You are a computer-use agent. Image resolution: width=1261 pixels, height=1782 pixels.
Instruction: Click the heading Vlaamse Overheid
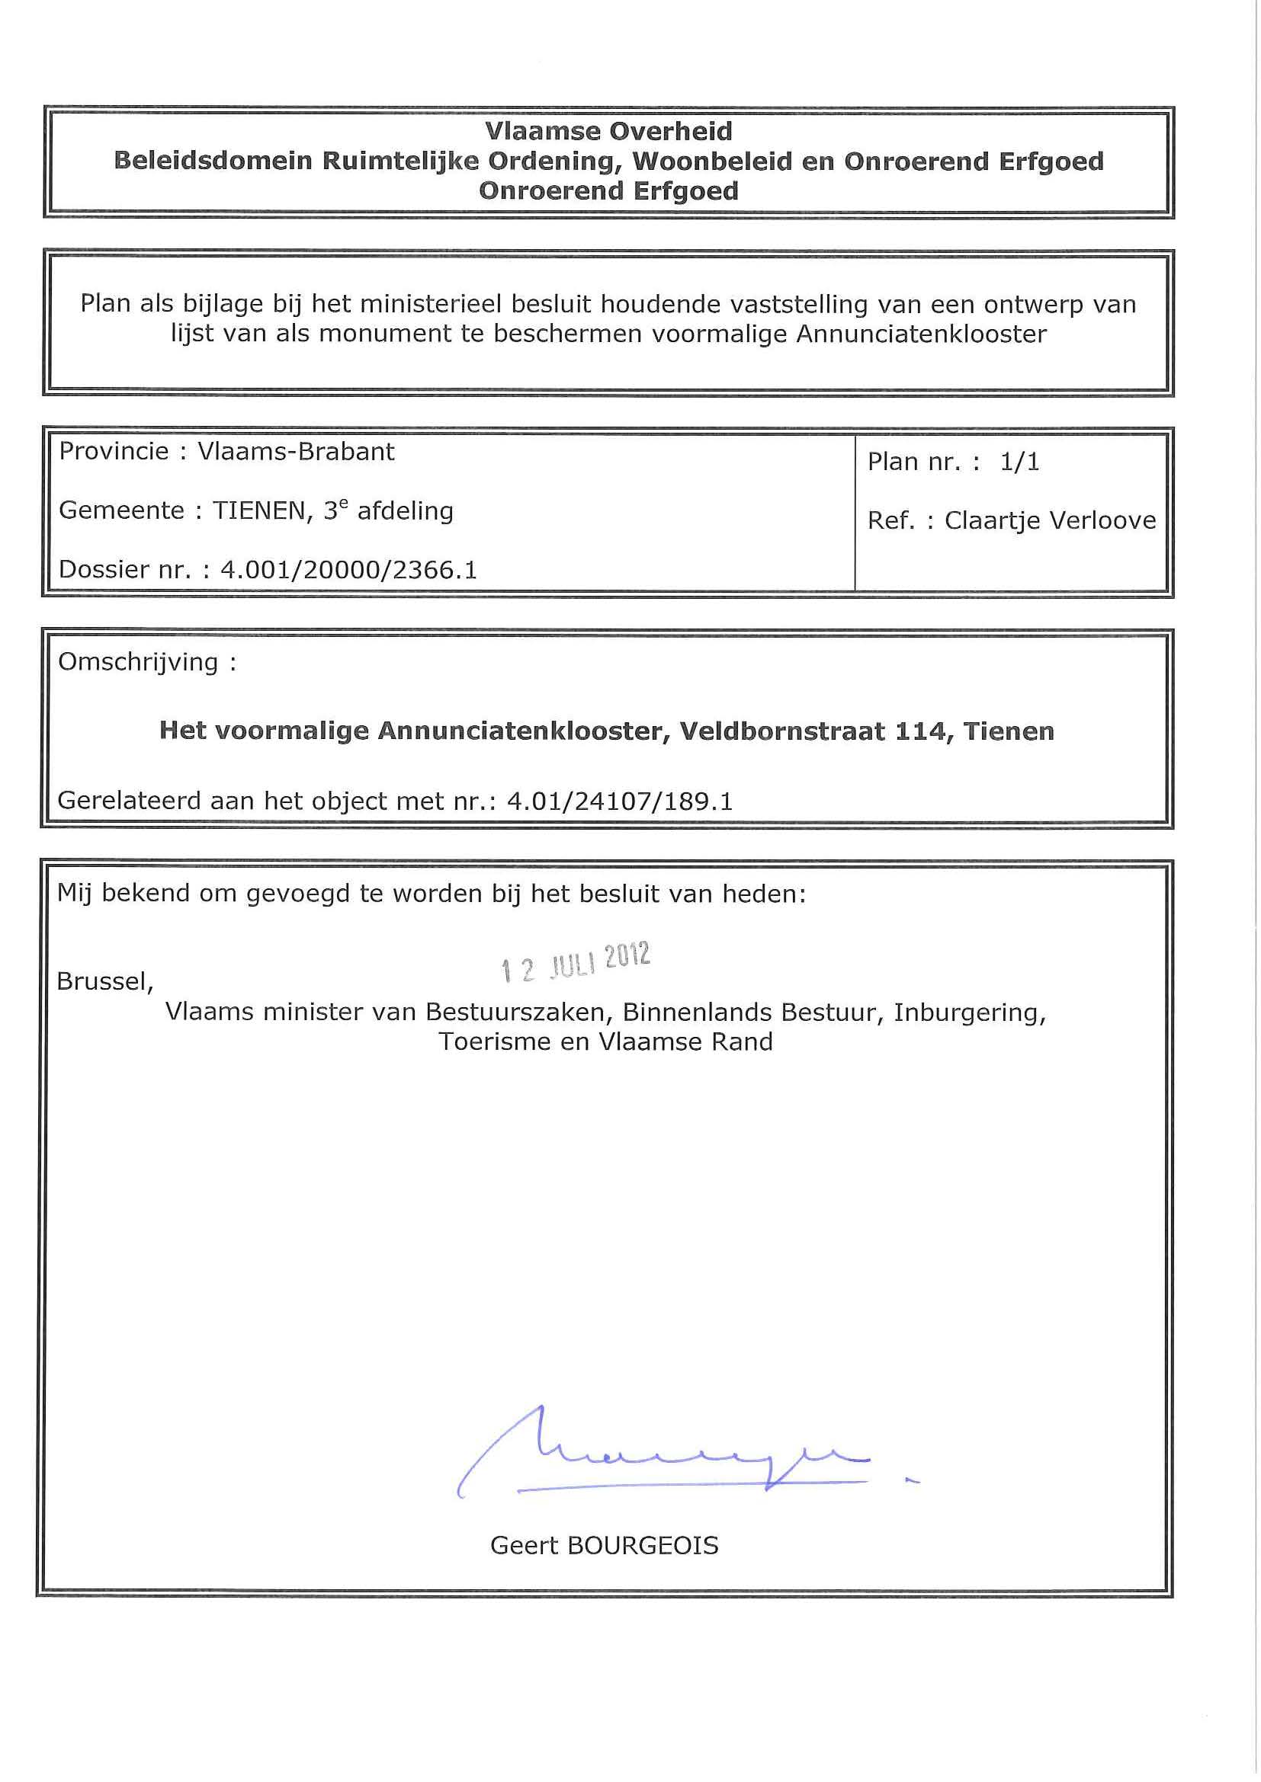tap(608, 131)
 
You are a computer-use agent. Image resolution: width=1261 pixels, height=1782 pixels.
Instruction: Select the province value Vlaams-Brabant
tap(296, 452)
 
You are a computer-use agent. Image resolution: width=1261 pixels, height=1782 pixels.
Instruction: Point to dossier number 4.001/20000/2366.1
tap(348, 571)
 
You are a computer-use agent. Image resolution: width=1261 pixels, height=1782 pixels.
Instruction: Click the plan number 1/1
tap(1019, 462)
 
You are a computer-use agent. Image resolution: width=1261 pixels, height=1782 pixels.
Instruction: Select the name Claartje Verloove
tap(1050, 521)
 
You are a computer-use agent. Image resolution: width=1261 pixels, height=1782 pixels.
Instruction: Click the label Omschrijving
tap(138, 662)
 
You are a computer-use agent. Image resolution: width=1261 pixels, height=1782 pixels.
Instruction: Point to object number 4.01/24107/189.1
tap(620, 801)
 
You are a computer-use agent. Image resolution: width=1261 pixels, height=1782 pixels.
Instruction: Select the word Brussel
tap(104, 982)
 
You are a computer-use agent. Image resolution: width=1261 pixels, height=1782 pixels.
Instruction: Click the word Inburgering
tap(969, 1013)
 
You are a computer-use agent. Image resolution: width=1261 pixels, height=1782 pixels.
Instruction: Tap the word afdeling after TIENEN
tap(406, 511)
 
